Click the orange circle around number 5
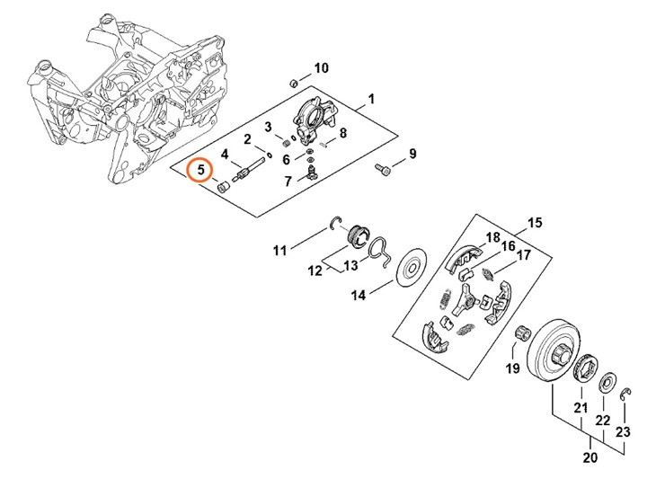[199, 169]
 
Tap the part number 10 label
[321, 68]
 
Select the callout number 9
[412, 155]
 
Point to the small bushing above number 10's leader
[292, 83]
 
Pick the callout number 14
[358, 295]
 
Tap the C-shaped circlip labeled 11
[334, 224]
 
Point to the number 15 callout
[535, 223]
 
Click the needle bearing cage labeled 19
[519, 338]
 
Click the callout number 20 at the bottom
[590, 458]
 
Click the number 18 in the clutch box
[492, 237]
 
